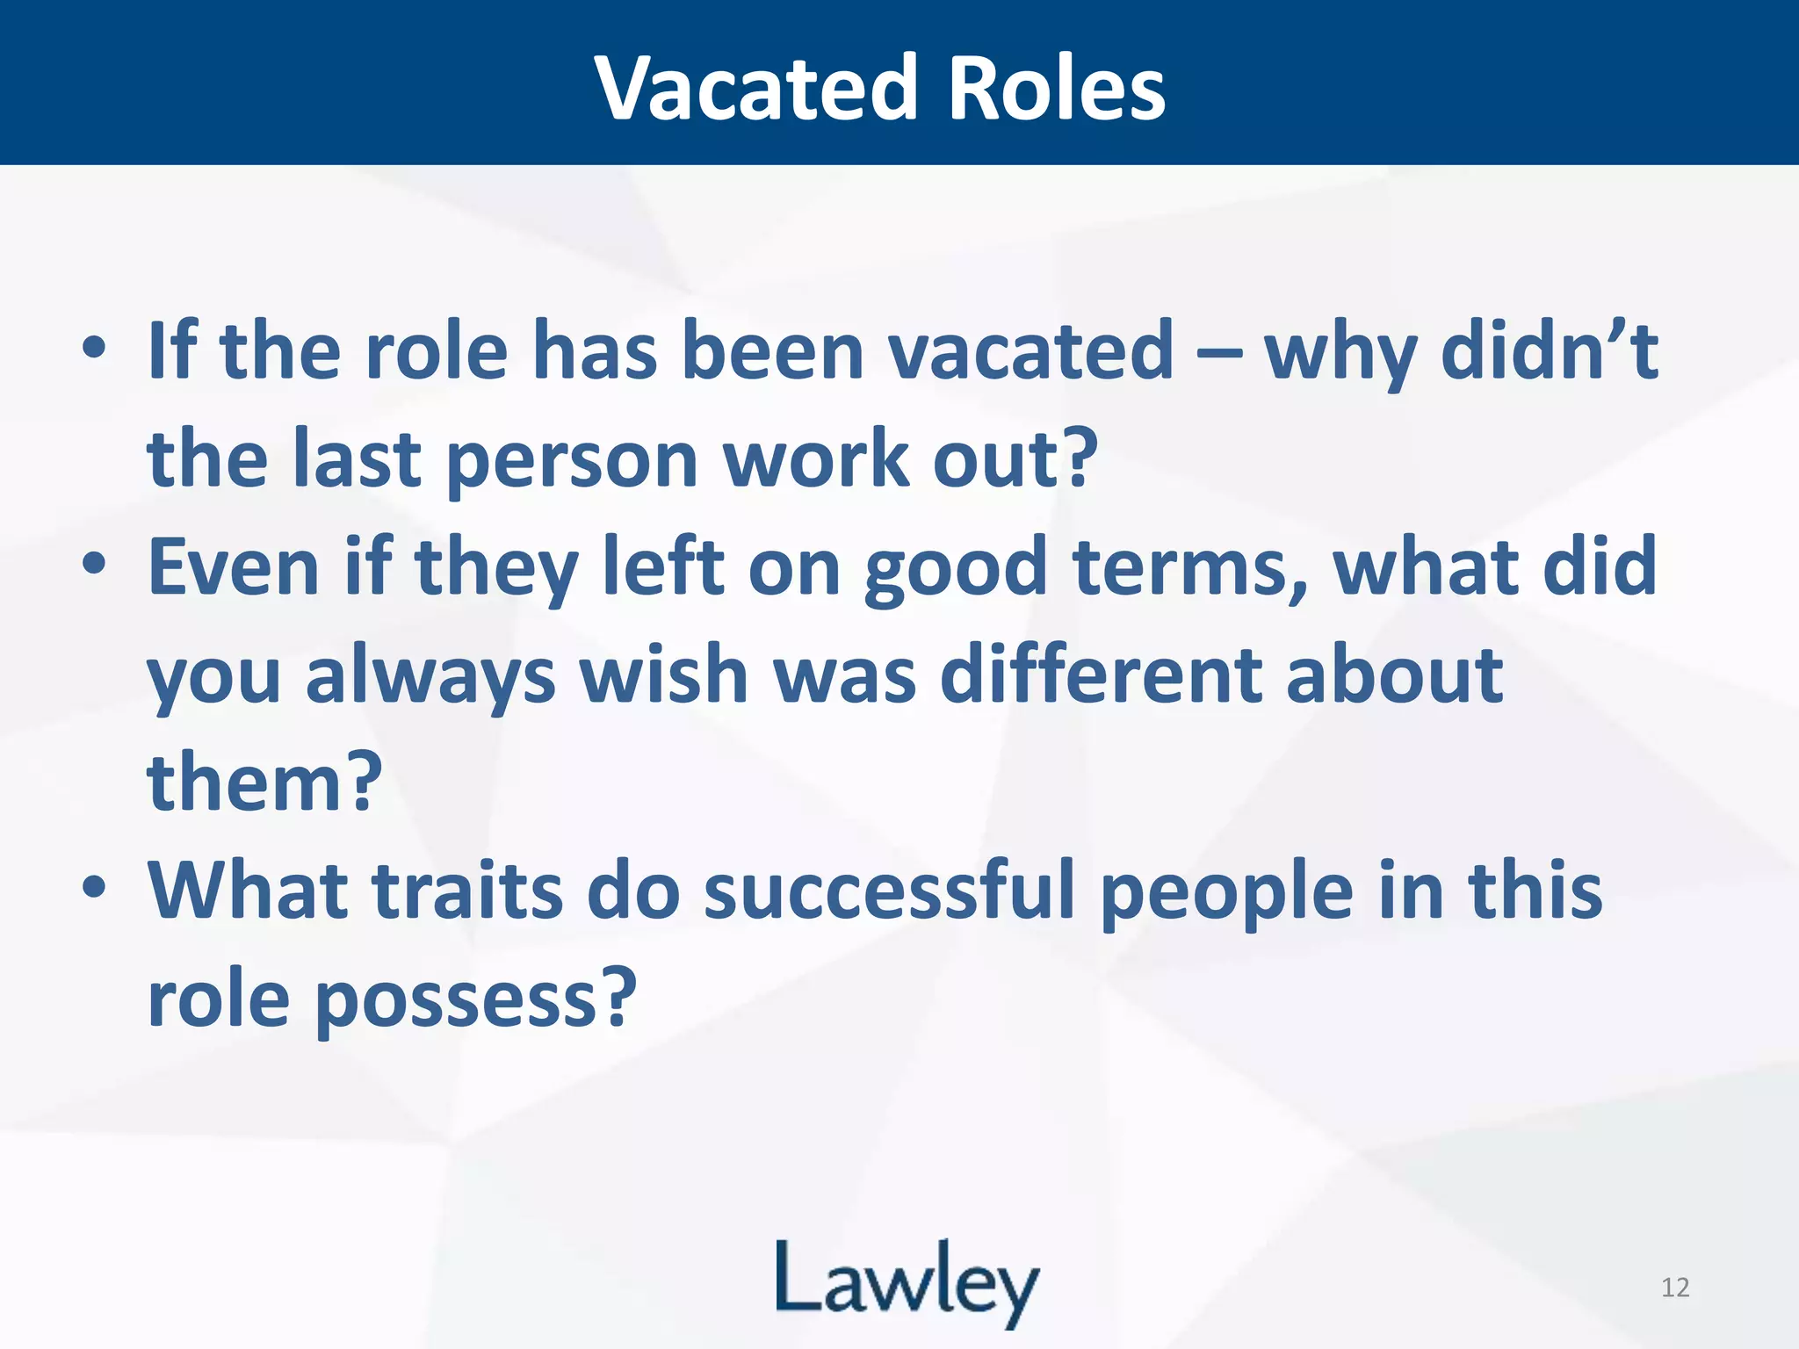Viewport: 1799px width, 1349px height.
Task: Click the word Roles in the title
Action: pos(1057,88)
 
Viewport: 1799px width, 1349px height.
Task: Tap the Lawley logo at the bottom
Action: pos(907,1283)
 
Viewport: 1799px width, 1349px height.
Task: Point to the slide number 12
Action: pos(1675,1288)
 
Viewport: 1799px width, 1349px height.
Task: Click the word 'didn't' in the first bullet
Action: pos(1550,351)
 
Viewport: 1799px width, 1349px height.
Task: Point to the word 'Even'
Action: pos(233,566)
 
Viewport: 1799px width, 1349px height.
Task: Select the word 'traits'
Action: pos(467,891)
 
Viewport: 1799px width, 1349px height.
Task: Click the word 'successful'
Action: pos(889,891)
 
